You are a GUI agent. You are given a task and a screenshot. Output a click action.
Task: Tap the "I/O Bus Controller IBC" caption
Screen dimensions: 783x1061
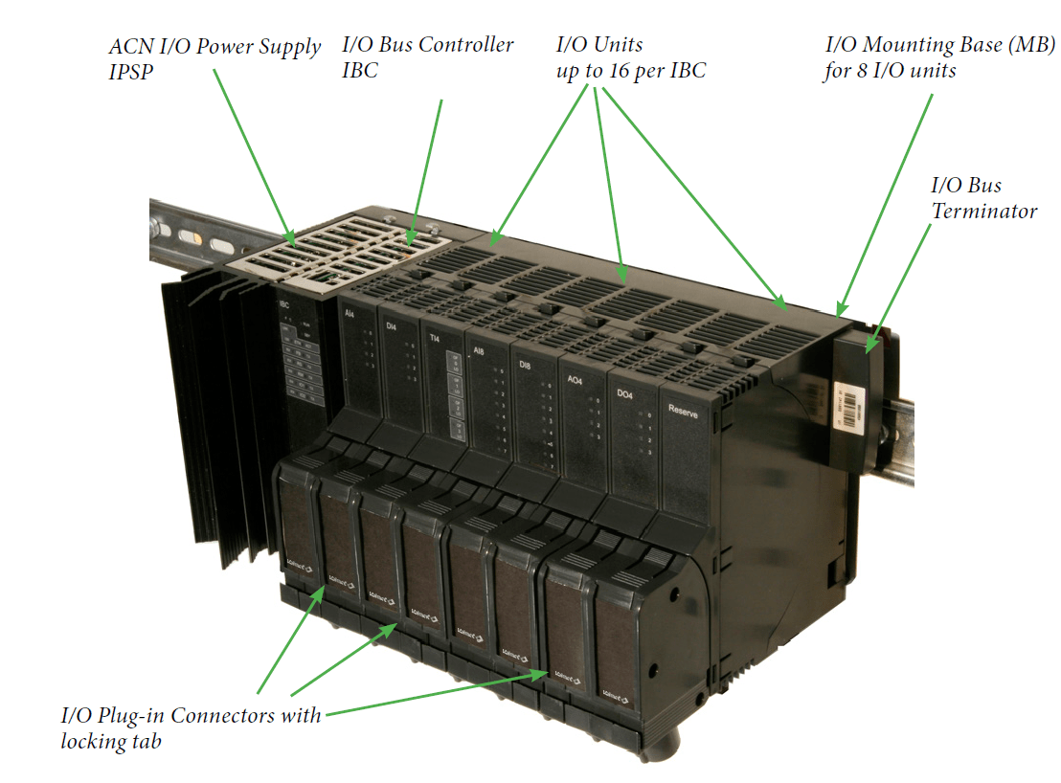427,57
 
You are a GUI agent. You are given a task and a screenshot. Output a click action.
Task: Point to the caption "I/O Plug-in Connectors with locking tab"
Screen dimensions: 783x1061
191,727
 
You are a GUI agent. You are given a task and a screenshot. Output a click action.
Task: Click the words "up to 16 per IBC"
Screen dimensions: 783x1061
631,71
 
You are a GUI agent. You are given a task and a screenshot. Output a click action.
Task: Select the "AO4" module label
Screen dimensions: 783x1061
575,380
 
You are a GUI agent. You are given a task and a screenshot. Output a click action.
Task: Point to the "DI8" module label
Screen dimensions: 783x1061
525,365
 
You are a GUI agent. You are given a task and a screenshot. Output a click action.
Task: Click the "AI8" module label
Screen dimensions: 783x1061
479,350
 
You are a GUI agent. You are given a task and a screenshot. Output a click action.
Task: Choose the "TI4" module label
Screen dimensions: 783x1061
435,338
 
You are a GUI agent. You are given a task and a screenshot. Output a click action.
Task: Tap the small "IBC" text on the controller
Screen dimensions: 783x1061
284,305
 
